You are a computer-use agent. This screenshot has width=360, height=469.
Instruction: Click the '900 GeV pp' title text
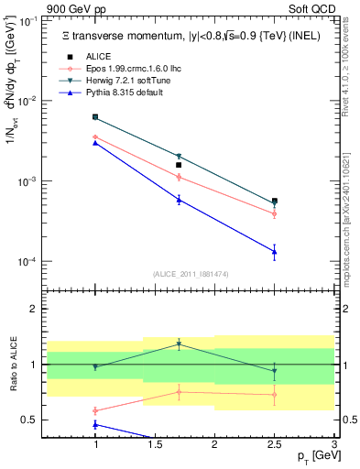click(73, 8)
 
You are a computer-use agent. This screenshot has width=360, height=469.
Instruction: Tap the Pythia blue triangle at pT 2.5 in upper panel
click(274, 251)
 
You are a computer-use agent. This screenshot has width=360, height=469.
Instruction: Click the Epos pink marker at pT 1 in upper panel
click(95, 136)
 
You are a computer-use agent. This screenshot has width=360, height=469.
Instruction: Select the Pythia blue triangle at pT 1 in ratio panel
click(95, 424)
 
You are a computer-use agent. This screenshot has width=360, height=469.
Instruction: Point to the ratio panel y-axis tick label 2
click(35, 310)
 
